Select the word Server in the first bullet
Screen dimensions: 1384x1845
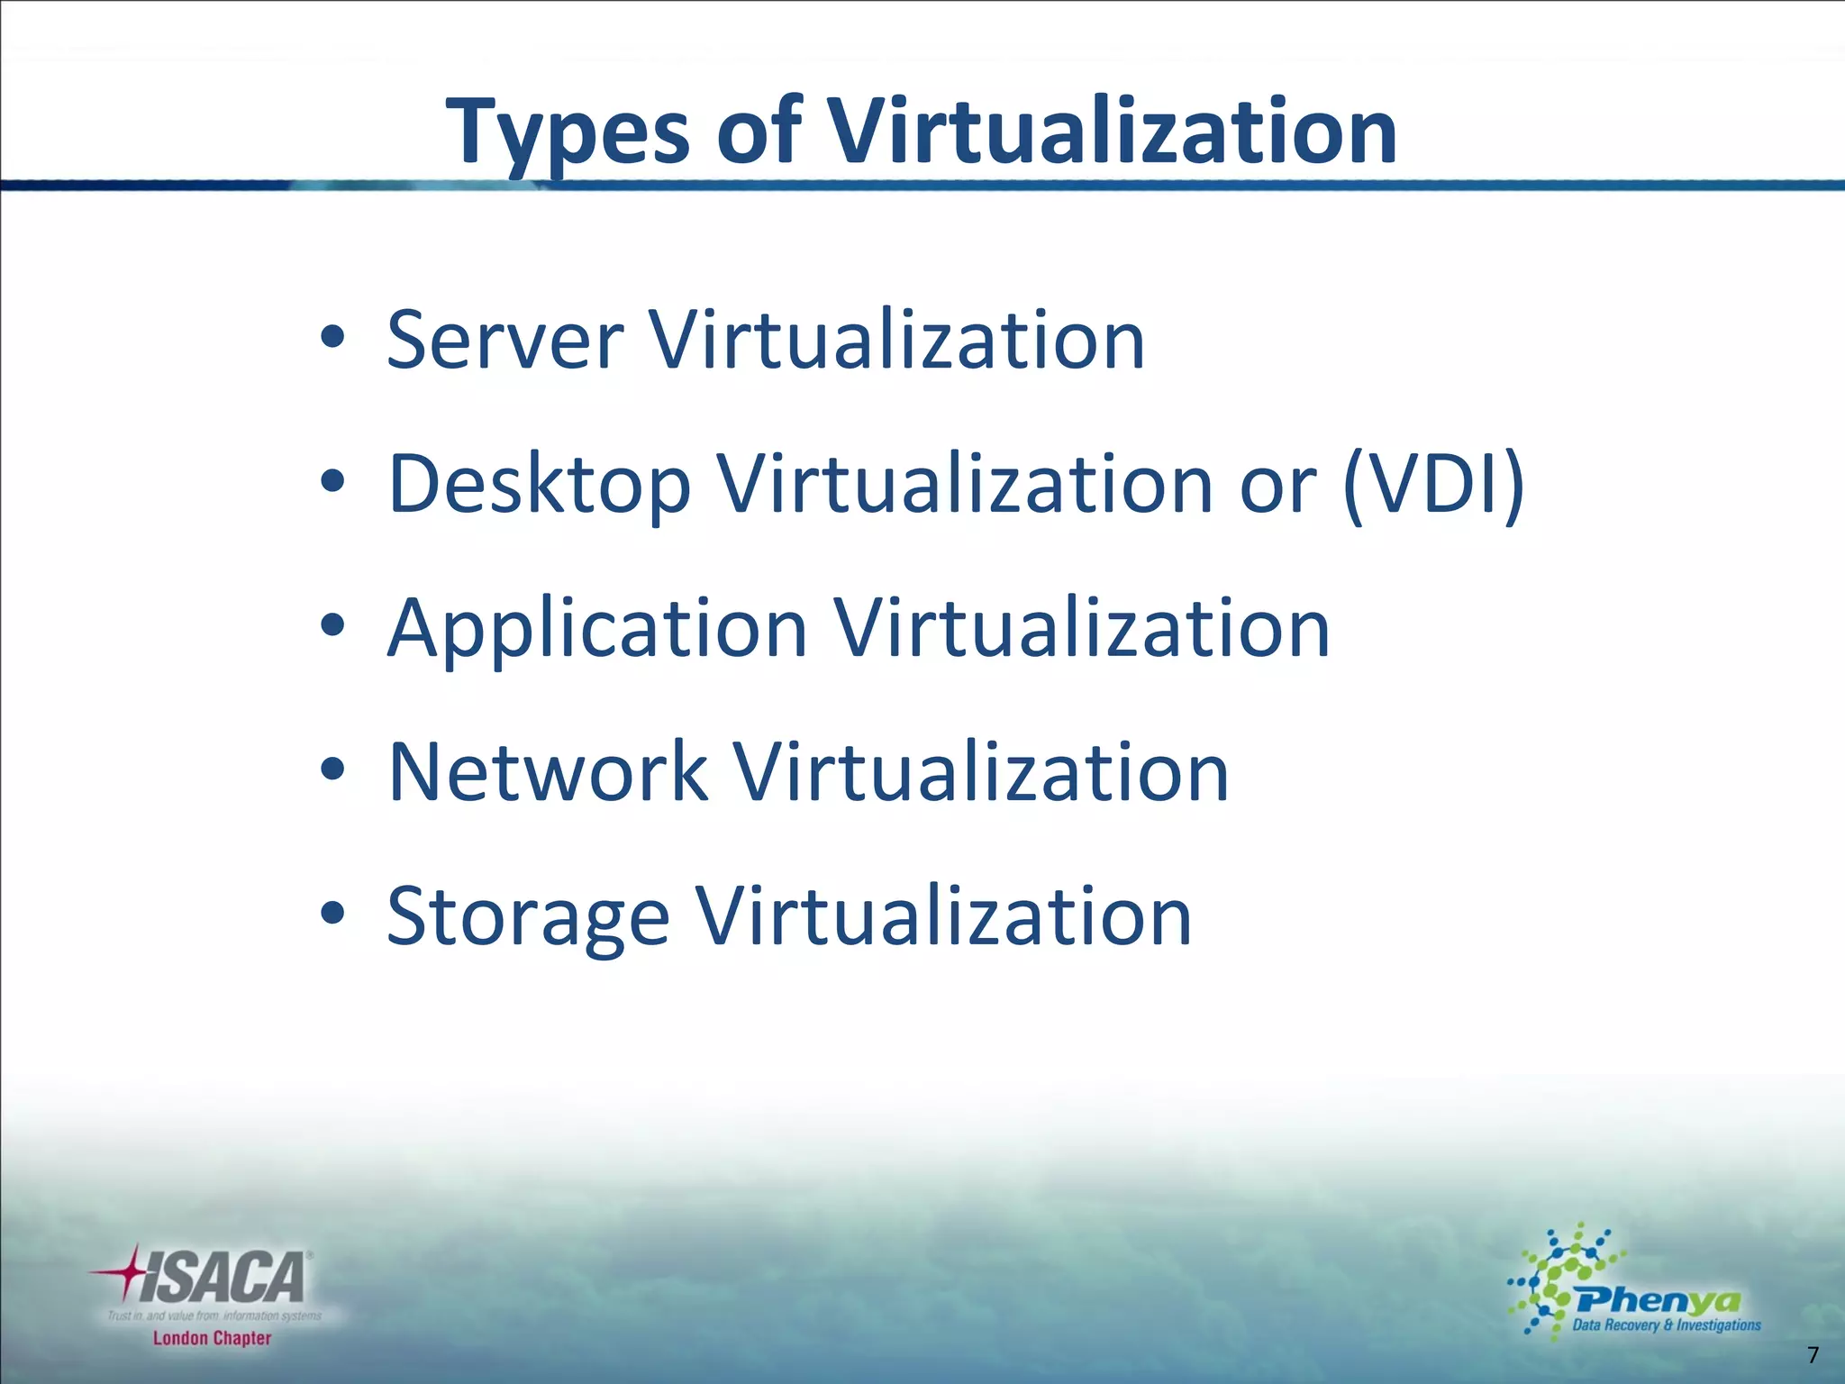tap(504, 340)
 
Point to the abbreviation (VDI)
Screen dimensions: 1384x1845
tap(1432, 484)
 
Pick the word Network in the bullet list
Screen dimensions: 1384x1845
tap(547, 772)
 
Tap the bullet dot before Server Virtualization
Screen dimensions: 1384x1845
tap(332, 338)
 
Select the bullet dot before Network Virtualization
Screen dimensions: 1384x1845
tap(332, 769)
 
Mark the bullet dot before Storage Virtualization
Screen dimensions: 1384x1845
tap(332, 914)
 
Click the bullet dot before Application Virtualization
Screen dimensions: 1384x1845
tap(332, 625)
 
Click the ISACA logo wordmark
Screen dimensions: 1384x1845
tap(223, 1278)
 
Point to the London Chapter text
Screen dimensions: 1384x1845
tap(212, 1338)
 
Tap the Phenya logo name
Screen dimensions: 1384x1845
tap(1658, 1300)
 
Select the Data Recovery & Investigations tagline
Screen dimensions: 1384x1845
tap(1666, 1325)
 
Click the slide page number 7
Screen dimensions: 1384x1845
tap(1813, 1354)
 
